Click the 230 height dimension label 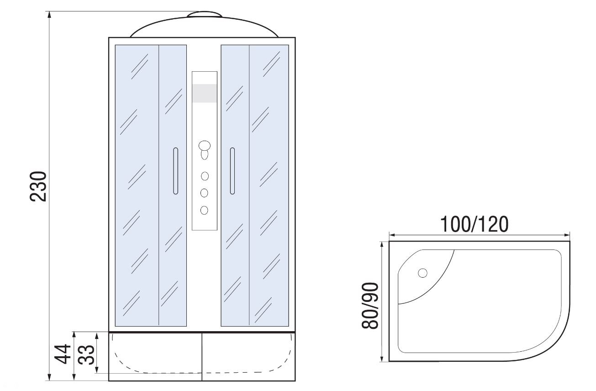click(38, 186)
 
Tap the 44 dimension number click(63, 354)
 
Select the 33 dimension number click(86, 355)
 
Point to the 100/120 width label click(475, 224)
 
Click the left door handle click(176, 171)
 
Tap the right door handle click(232, 171)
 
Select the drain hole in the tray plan click(423, 273)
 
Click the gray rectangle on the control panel click(204, 93)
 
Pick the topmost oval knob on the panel click(204, 146)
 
